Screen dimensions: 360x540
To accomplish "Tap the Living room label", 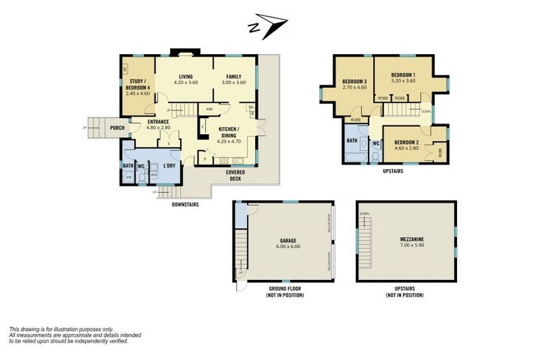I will [186, 76].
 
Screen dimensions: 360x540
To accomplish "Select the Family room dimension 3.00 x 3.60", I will [233, 83].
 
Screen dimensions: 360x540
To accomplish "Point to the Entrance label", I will [158, 122].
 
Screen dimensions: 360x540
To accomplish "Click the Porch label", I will [117, 127].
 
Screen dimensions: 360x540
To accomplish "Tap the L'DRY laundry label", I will [169, 166].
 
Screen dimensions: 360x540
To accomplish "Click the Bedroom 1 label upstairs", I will [403, 75].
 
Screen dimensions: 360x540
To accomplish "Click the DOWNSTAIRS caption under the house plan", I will [186, 205].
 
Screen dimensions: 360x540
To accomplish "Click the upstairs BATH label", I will [352, 141].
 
